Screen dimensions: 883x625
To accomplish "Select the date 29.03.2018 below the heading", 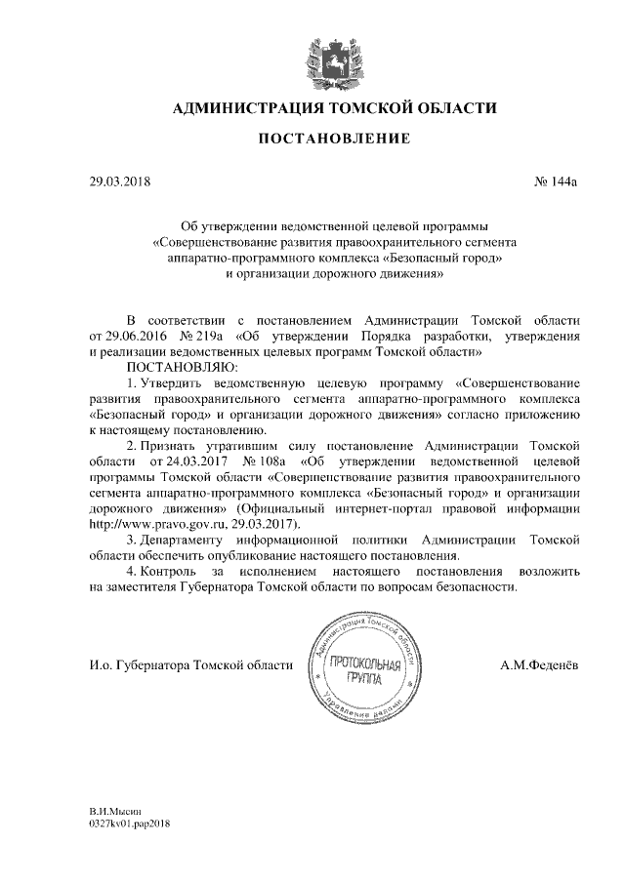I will (x=104, y=181).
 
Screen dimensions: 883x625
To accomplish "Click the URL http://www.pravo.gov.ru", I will (x=148, y=523).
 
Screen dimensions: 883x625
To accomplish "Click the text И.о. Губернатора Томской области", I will (x=188, y=665).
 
